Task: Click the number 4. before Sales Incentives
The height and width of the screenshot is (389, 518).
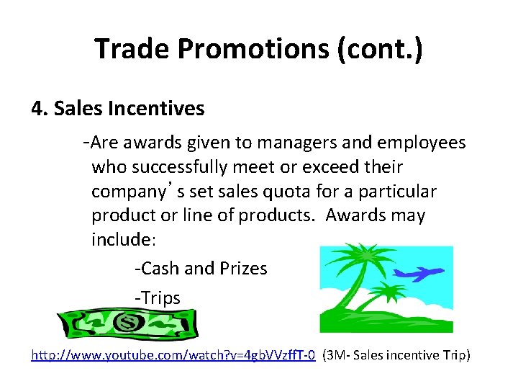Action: coord(40,109)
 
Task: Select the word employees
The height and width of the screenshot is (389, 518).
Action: coord(424,143)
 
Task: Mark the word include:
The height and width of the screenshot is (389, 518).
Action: coord(119,239)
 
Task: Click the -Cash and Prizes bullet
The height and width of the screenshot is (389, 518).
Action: coord(201,269)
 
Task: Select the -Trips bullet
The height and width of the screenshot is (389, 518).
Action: coord(158,298)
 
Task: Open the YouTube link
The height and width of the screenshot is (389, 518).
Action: coord(173,355)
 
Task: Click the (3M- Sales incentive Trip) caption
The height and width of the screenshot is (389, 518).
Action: coord(396,355)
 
